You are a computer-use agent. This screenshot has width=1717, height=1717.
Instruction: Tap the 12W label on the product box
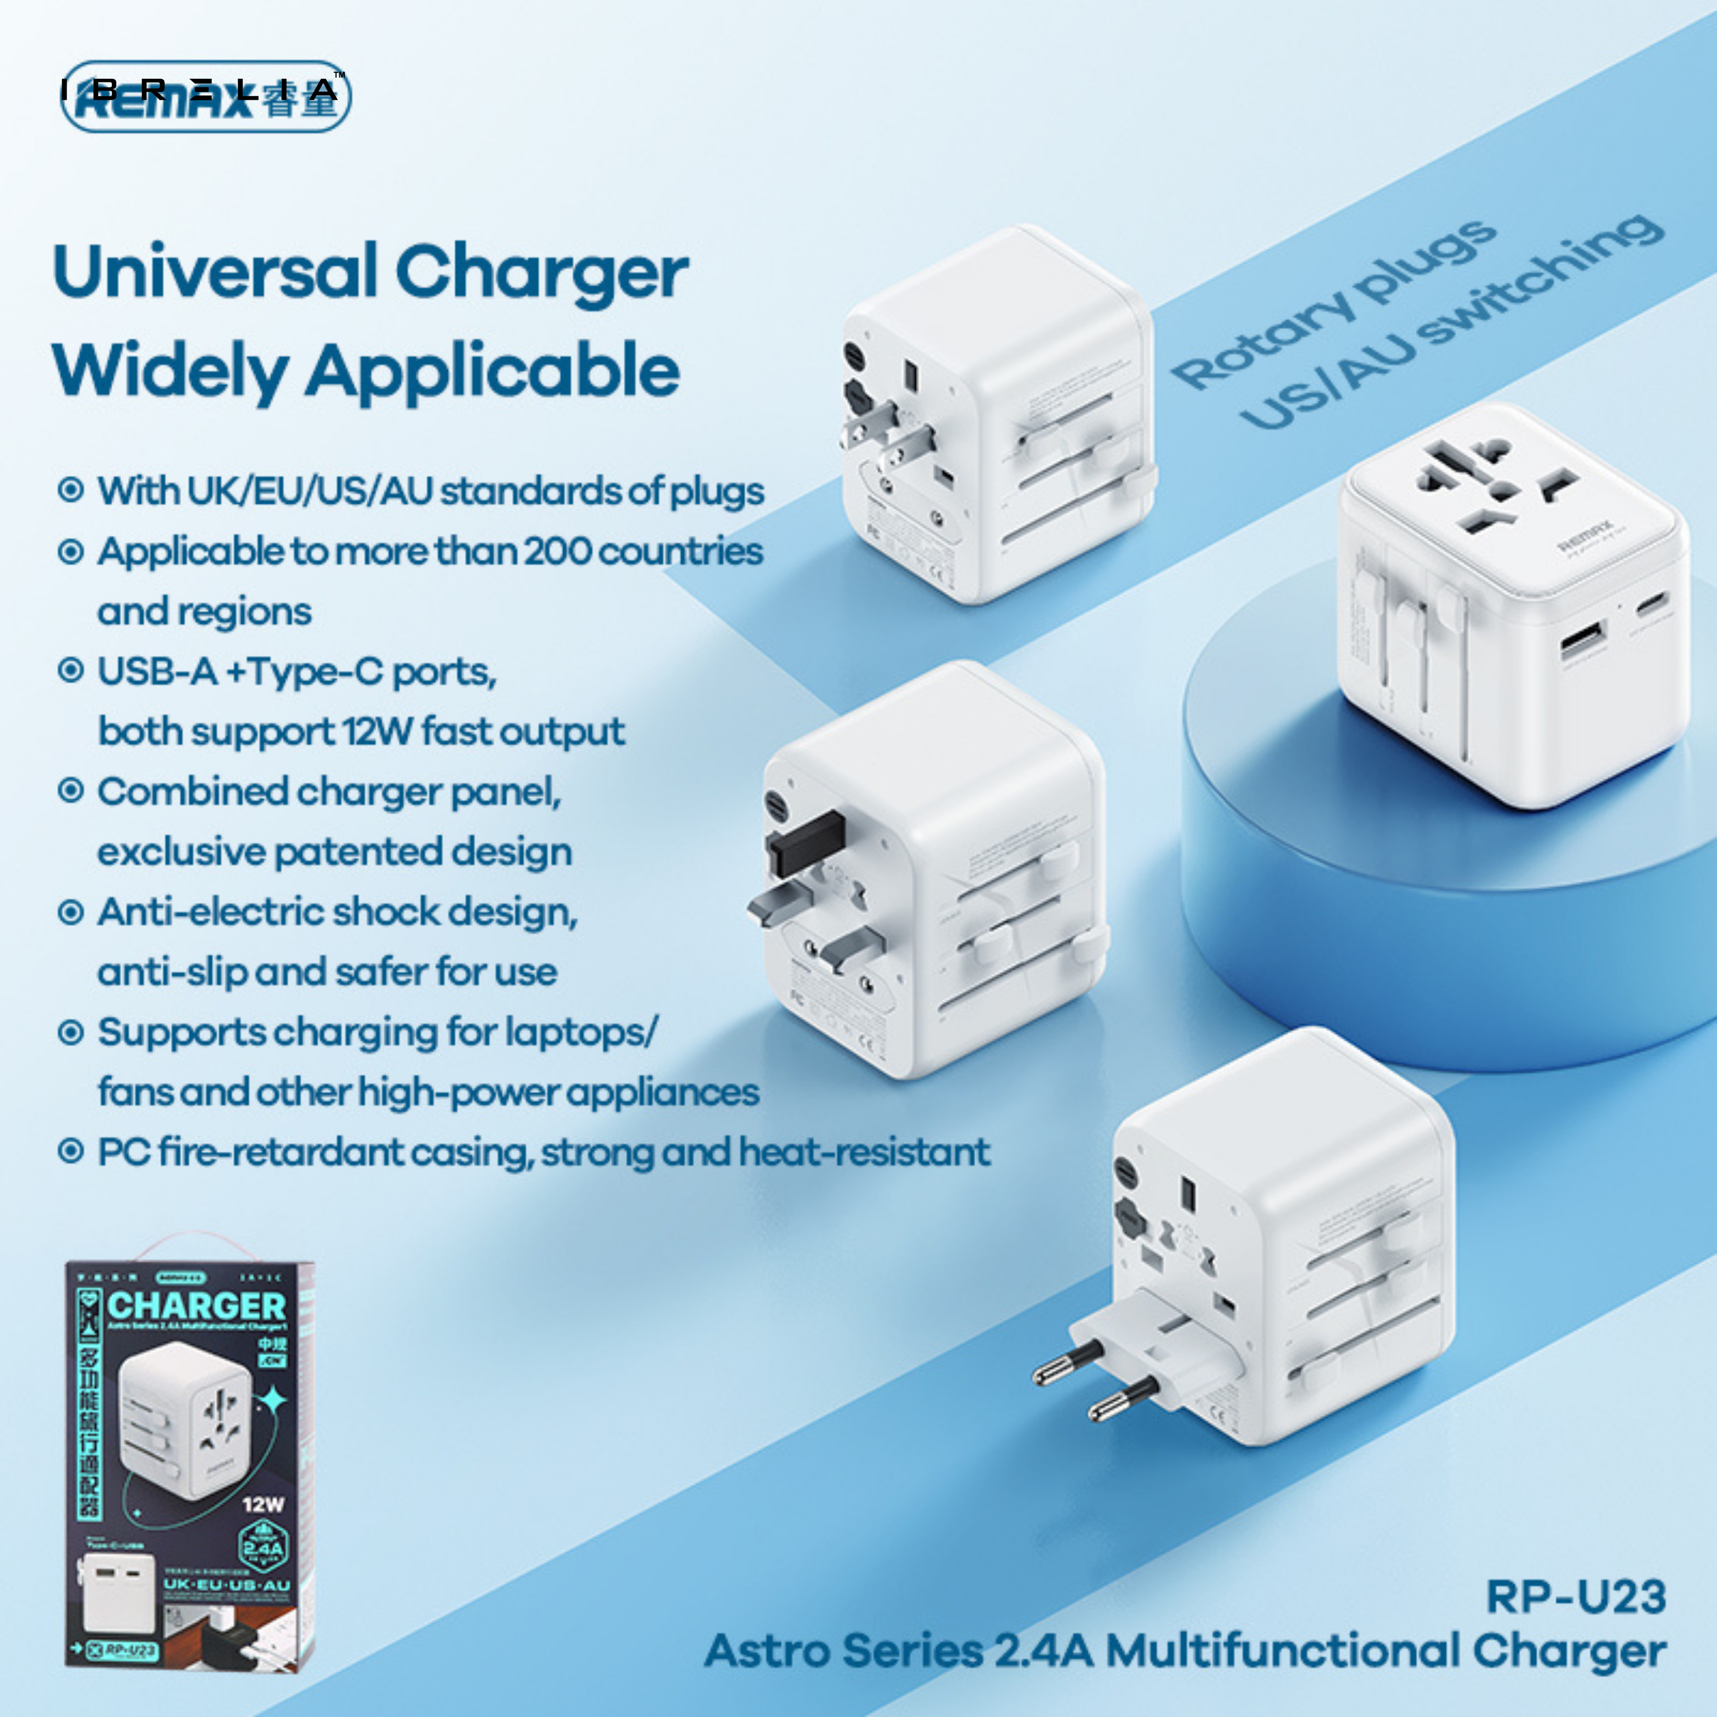pos(263,1504)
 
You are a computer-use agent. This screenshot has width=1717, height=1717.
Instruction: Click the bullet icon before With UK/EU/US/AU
pos(70,490)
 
